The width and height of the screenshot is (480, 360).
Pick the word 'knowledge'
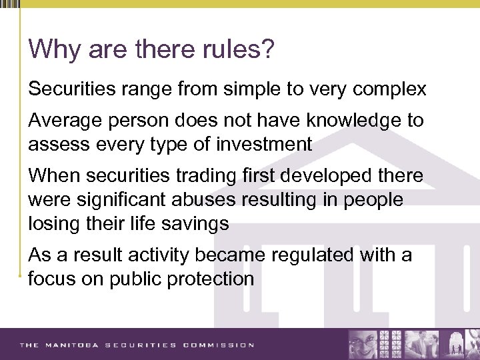[343, 121]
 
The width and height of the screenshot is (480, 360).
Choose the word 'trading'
[195, 176]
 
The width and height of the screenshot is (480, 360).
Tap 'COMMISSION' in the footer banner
[219, 345]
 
